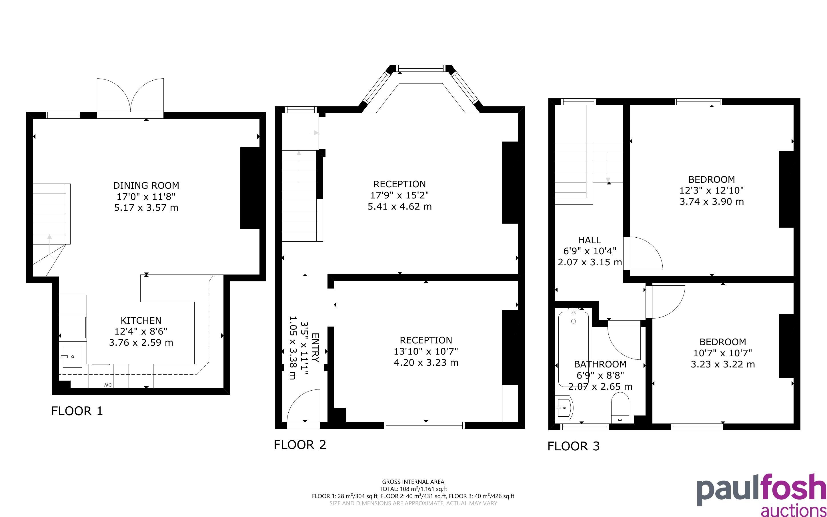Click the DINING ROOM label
[x=146, y=186]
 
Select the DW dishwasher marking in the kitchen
[x=108, y=385]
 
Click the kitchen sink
[x=72, y=357]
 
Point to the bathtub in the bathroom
[x=574, y=349]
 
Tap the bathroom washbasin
[x=564, y=408]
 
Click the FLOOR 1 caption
[x=77, y=411]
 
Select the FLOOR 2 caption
[x=300, y=444]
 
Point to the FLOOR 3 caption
[x=574, y=446]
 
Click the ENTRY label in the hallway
[x=315, y=348]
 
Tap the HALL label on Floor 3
[x=590, y=240]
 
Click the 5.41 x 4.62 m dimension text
[x=400, y=206]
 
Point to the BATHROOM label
[x=600, y=364]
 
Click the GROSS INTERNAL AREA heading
[x=413, y=482]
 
